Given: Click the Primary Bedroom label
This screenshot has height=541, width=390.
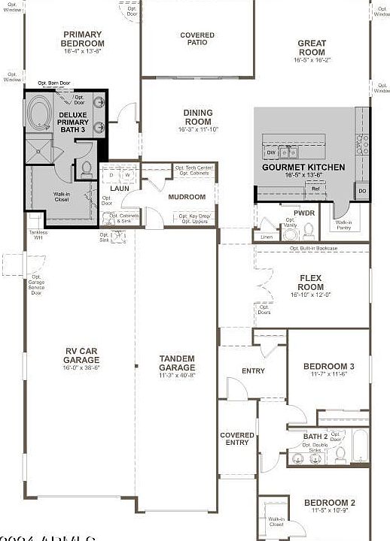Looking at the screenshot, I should coord(83,38).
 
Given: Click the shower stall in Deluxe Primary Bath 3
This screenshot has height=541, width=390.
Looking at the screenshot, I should coord(38,151).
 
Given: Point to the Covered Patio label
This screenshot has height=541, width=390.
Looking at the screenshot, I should coord(197,39).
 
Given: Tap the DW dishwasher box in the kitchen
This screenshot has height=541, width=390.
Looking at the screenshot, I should coord(271,153).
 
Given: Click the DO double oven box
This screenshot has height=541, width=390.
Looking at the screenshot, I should coord(362,192).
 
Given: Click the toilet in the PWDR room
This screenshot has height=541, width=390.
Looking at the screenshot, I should coord(270,222).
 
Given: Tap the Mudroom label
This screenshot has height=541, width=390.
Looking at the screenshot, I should coord(187,197).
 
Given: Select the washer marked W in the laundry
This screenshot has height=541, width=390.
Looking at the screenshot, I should coord(128,175).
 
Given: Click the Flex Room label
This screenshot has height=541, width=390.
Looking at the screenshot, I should coord(310,282).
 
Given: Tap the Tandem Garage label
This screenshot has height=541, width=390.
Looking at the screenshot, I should coord(177,363).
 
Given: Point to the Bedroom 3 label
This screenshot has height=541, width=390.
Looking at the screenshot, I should coord(328,366).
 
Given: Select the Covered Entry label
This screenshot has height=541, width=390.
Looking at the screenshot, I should coord(237,438).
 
